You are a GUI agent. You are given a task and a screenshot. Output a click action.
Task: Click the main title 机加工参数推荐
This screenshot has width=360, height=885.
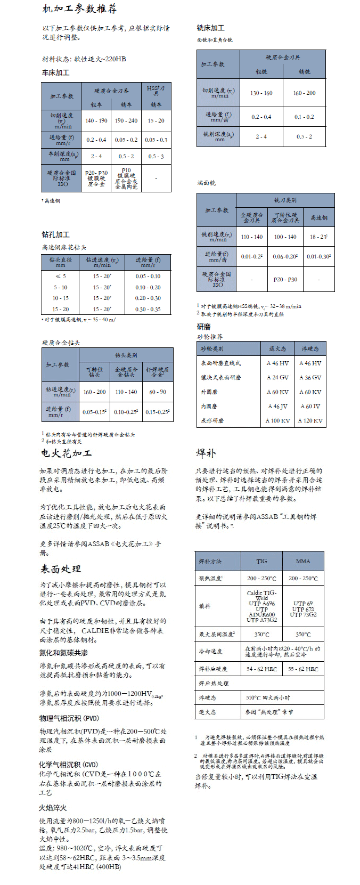79,9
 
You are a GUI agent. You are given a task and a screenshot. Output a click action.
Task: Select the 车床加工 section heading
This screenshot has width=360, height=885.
55,72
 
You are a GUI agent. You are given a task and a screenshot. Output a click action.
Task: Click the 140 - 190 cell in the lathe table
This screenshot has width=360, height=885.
96,120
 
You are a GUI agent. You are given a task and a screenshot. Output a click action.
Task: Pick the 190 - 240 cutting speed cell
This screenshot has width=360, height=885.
126,120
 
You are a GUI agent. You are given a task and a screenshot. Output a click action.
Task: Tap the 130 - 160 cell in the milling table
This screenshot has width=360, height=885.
261,93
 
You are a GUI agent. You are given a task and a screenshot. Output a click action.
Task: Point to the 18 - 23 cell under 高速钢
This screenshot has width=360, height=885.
318,237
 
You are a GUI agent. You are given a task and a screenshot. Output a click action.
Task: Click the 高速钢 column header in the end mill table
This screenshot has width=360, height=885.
319,217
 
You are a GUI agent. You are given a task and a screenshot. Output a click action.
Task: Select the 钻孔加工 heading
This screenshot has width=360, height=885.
55,234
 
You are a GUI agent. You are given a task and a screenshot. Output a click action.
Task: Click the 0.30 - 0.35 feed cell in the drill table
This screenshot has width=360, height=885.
148,309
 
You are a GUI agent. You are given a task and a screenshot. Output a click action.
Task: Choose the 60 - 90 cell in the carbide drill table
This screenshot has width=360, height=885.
157,392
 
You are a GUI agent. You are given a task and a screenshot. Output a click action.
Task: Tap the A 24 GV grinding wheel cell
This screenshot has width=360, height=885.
277,377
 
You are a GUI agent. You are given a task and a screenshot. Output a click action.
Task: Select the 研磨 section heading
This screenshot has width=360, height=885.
203,327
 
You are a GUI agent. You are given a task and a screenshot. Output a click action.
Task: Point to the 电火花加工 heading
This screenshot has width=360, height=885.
66,453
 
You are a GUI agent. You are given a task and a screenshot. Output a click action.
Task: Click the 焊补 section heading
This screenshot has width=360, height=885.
206,453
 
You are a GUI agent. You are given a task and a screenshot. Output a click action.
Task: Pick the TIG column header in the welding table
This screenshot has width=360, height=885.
261,561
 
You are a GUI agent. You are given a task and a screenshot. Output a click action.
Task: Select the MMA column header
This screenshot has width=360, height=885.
303,561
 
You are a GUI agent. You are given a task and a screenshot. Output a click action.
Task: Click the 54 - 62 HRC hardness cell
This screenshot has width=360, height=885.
261,669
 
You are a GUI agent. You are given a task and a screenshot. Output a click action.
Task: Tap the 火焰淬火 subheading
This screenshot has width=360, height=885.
53,807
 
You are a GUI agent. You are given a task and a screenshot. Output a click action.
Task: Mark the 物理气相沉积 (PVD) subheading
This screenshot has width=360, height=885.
69,718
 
